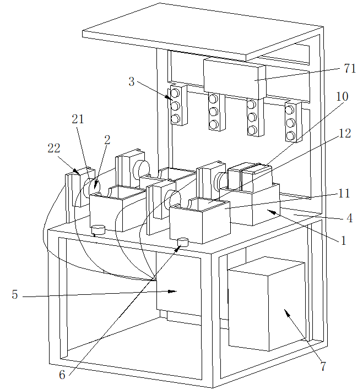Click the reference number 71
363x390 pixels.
pos(349,69)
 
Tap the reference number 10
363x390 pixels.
pos(342,97)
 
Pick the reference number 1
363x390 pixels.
pos(343,240)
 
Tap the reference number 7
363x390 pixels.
pos(323,366)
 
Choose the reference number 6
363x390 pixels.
pos(62,375)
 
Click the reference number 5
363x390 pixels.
pos(14,294)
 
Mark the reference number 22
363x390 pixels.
pos(53,148)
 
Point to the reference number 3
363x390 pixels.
pos(131,83)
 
